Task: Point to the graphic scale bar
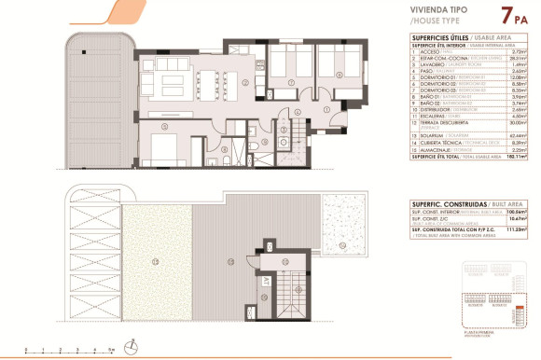70,352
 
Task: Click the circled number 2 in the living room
244,82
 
